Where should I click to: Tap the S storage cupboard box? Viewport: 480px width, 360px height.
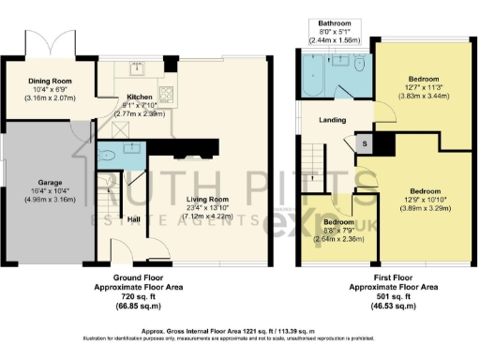tap(363, 142)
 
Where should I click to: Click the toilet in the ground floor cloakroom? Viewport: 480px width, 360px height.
tap(107, 157)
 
